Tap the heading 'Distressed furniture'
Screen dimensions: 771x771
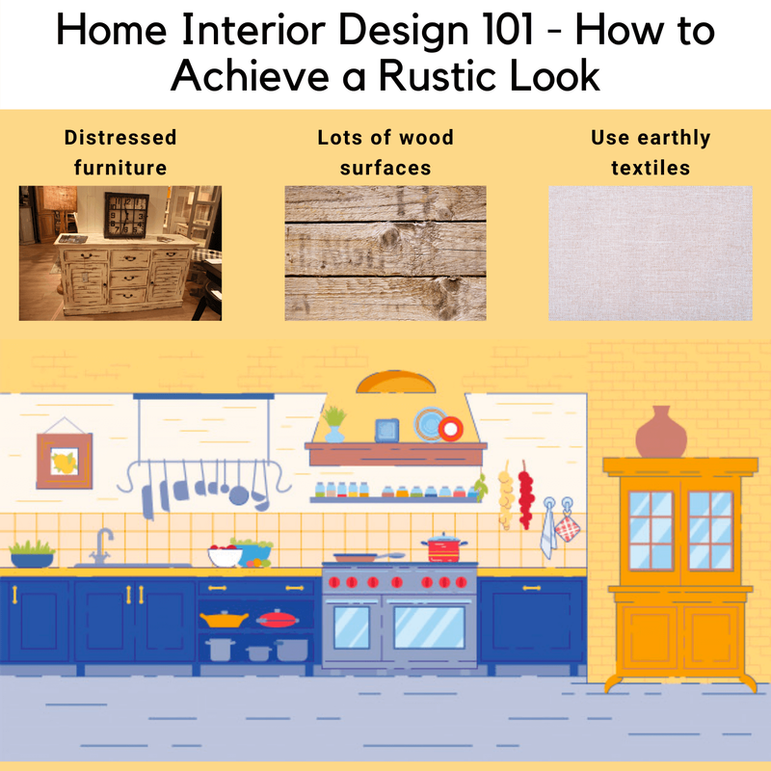[x=120, y=152]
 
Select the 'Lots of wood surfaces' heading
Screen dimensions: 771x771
[x=385, y=152]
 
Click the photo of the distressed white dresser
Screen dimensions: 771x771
[x=120, y=253]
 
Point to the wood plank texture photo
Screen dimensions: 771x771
[x=385, y=253]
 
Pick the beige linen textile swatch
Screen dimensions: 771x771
[x=651, y=253]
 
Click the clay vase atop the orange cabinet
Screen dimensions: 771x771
[x=661, y=432]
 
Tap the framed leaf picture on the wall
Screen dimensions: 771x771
[x=65, y=461]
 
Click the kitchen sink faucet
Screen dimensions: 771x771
[x=101, y=544]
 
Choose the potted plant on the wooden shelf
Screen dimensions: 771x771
[x=334, y=423]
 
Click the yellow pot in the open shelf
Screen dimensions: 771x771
[x=224, y=619]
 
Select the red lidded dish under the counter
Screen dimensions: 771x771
[x=278, y=618]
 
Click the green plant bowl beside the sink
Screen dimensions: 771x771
[x=32, y=554]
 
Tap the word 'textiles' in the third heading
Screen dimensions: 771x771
[x=651, y=167]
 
